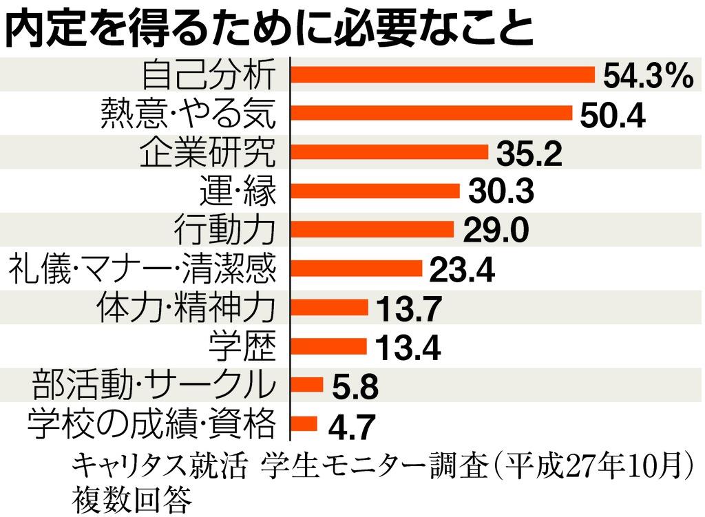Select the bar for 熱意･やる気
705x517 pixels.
(x=432, y=113)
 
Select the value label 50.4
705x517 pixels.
(x=611, y=116)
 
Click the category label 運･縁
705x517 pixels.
(x=238, y=191)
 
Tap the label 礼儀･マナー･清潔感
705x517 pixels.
(x=142, y=269)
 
